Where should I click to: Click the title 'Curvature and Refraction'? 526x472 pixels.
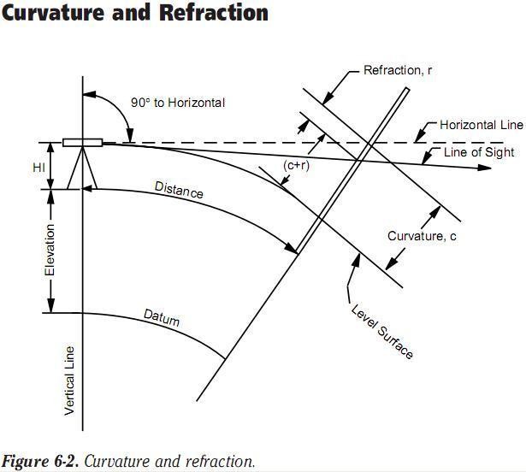tap(135, 14)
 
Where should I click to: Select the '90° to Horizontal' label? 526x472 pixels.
tap(178, 103)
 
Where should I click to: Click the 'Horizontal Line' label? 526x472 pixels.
tap(481, 125)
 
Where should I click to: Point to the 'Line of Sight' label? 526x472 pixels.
tap(479, 152)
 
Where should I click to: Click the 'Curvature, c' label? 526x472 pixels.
tap(422, 236)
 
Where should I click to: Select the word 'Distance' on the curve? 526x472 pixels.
tap(179, 189)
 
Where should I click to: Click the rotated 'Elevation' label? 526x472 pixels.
tap(50, 250)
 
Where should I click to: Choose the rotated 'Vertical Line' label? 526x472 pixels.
tap(70, 381)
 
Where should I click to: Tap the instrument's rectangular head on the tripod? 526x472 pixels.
tap(83, 143)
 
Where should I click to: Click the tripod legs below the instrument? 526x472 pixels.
tap(83, 168)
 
